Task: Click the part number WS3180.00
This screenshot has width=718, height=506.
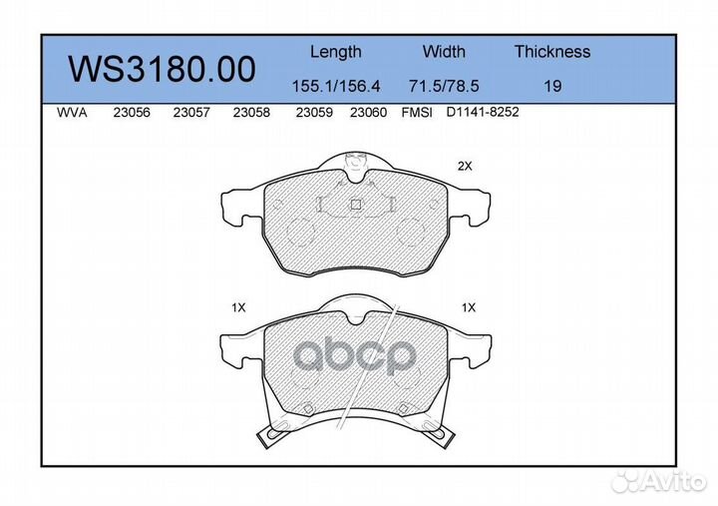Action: tap(162, 69)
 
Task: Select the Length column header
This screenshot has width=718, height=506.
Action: tap(335, 52)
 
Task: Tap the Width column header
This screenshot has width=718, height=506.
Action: tap(444, 52)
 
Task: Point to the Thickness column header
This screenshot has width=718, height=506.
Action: tap(552, 52)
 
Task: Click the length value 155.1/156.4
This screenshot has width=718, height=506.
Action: tap(335, 87)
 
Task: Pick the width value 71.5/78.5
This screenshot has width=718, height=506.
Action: tap(444, 87)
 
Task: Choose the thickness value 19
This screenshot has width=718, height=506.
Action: tap(551, 87)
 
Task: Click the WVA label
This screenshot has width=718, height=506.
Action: tap(74, 113)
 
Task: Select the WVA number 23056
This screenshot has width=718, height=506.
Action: tap(132, 113)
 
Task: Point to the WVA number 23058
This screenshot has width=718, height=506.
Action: tap(250, 113)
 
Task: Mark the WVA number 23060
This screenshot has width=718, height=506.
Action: tap(368, 113)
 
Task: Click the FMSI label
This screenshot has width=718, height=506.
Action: tap(416, 113)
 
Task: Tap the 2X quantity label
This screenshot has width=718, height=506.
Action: tap(464, 167)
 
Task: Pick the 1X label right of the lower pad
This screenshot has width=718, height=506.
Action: tap(469, 308)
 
